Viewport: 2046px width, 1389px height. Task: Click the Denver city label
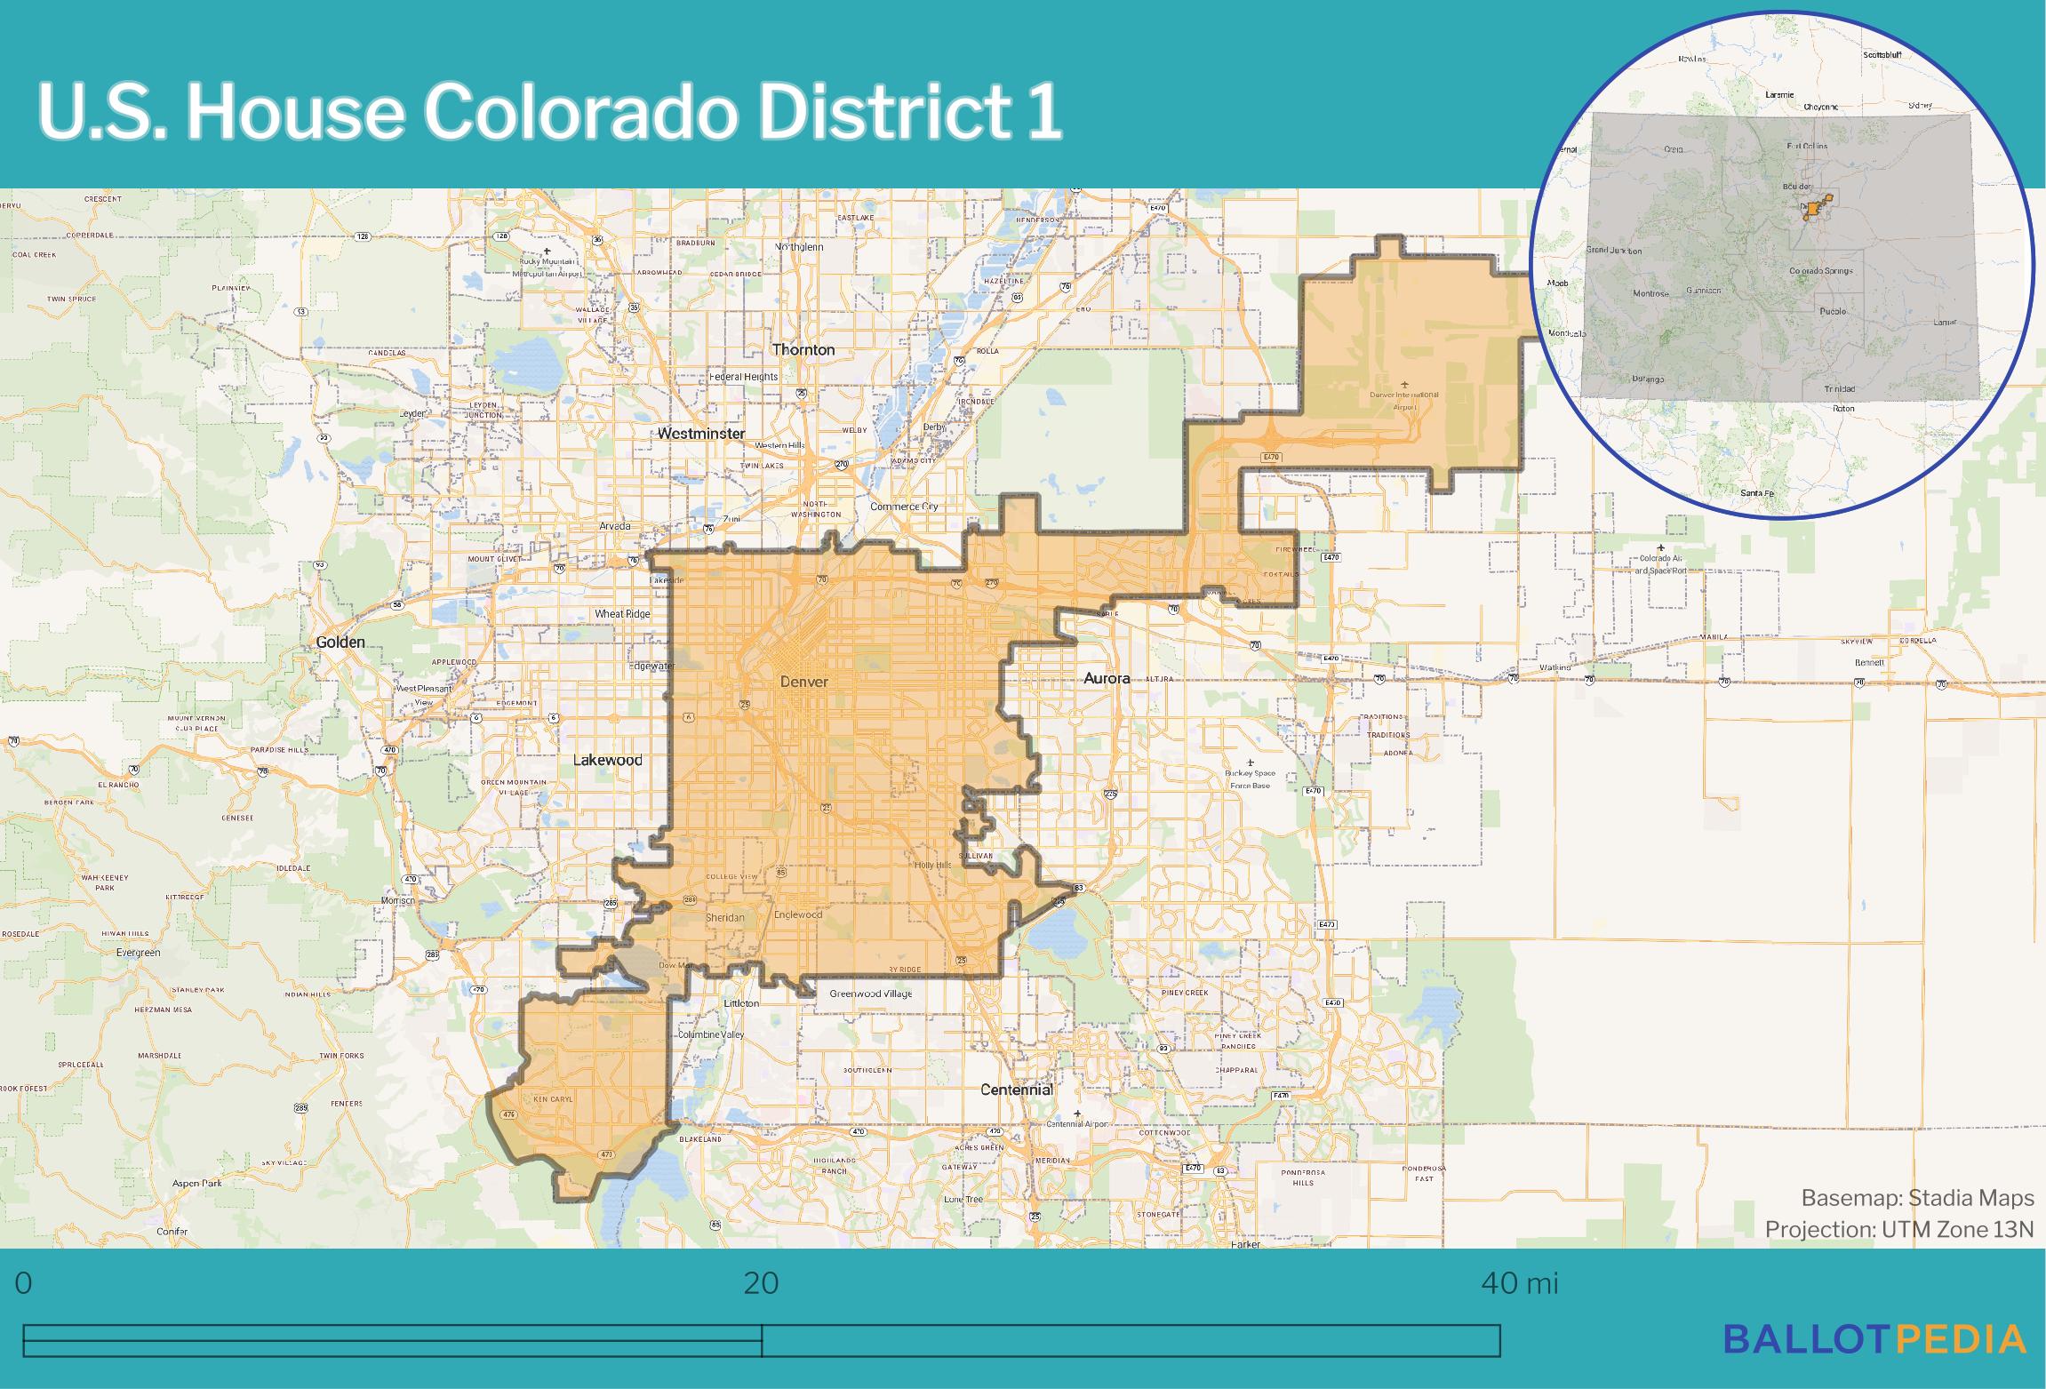pos(803,682)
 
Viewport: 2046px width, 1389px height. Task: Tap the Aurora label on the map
pos(1107,678)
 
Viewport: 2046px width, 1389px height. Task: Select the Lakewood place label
pos(607,760)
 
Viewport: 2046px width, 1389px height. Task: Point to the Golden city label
pos(340,642)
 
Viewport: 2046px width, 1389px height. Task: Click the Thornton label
pos(803,349)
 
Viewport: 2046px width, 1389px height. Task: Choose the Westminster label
pos(701,434)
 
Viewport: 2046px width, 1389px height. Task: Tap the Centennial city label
pos(1016,1090)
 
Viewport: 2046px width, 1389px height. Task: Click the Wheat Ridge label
pos(622,613)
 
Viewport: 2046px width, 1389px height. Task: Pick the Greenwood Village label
pos(871,994)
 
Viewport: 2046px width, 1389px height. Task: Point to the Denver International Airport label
pos(1404,401)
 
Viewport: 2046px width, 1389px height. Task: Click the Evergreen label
pos(138,953)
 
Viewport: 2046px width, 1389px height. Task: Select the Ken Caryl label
pos(553,1099)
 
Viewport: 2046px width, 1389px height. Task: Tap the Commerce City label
pos(904,507)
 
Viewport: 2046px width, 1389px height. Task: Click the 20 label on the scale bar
pos(761,1283)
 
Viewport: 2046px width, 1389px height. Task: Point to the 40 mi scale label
pos(1520,1283)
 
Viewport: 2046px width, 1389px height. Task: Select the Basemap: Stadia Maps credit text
pos(1917,1198)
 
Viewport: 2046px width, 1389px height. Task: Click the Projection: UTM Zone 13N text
pos(1899,1229)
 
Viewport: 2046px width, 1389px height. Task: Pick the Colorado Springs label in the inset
pos(1821,270)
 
